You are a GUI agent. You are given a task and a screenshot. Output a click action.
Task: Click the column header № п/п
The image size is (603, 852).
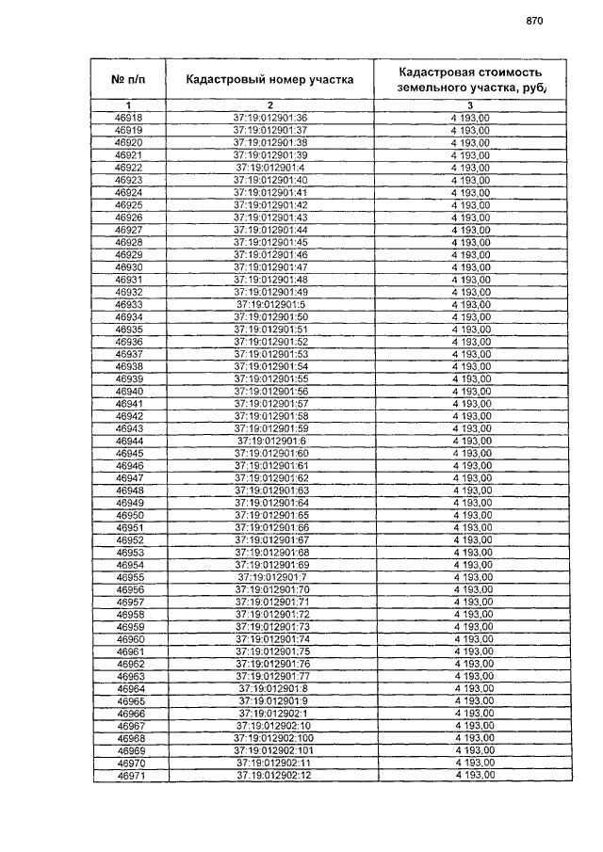coord(128,79)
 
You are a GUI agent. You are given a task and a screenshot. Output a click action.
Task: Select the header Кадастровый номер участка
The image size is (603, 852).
coord(269,79)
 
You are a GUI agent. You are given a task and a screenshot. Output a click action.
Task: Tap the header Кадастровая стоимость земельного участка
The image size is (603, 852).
coord(471,79)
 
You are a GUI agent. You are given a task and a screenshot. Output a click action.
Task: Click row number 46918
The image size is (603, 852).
coord(128,118)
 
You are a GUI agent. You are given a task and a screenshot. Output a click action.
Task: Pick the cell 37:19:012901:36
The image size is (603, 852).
coord(270,118)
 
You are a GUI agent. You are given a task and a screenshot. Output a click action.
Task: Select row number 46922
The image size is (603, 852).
coord(128,168)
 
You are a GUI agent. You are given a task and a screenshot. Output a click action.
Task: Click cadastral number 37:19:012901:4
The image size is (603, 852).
coord(270,168)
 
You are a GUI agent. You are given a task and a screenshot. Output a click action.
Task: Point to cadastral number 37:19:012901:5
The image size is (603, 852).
coord(270,304)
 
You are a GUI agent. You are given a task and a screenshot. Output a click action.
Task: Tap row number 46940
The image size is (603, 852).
coord(128,391)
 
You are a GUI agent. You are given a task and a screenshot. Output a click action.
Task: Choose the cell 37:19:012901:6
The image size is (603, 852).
coord(271,441)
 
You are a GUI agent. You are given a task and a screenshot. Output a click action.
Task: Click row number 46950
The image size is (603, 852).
coord(129,515)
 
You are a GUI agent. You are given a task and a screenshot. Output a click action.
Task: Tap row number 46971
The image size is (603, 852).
coord(130,776)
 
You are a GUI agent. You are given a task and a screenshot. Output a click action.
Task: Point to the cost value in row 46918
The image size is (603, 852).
coord(471,118)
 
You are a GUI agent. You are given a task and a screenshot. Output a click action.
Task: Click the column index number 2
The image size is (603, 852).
coord(269,104)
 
